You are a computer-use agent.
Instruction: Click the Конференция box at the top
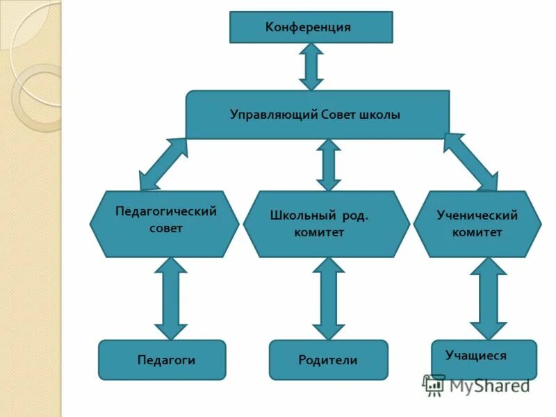[x=311, y=27]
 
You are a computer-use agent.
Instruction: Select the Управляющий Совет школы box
[x=317, y=115]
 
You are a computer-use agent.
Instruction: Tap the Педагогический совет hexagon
[x=165, y=224]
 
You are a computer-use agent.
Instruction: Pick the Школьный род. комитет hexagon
[x=326, y=224]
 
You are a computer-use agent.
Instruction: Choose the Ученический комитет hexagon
[x=477, y=224]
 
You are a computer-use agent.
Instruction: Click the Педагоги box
[x=162, y=359]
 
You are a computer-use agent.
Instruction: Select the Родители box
[x=328, y=359]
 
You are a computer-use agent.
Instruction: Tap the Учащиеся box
[x=484, y=359]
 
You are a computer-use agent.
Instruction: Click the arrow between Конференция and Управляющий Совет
[x=311, y=67]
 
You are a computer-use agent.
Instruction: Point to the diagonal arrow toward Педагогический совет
[x=163, y=164]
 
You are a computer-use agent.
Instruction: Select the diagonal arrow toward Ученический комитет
[x=471, y=161]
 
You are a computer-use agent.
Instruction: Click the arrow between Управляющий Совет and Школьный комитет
[x=329, y=165]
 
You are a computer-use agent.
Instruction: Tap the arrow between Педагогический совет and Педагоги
[x=170, y=298]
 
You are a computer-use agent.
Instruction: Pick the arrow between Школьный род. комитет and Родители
[x=329, y=298]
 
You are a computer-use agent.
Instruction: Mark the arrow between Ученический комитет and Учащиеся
[x=488, y=298]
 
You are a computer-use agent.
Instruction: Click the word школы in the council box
[x=380, y=115]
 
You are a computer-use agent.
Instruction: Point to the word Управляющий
[x=274, y=115]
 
